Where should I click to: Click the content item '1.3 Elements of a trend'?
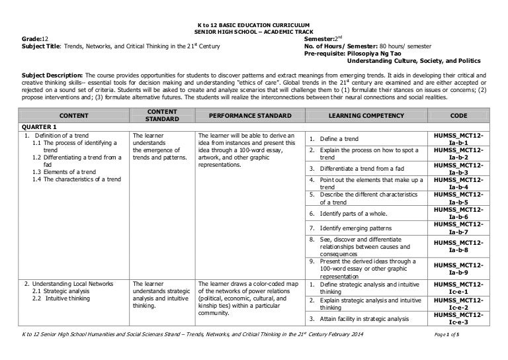click(65, 171)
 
